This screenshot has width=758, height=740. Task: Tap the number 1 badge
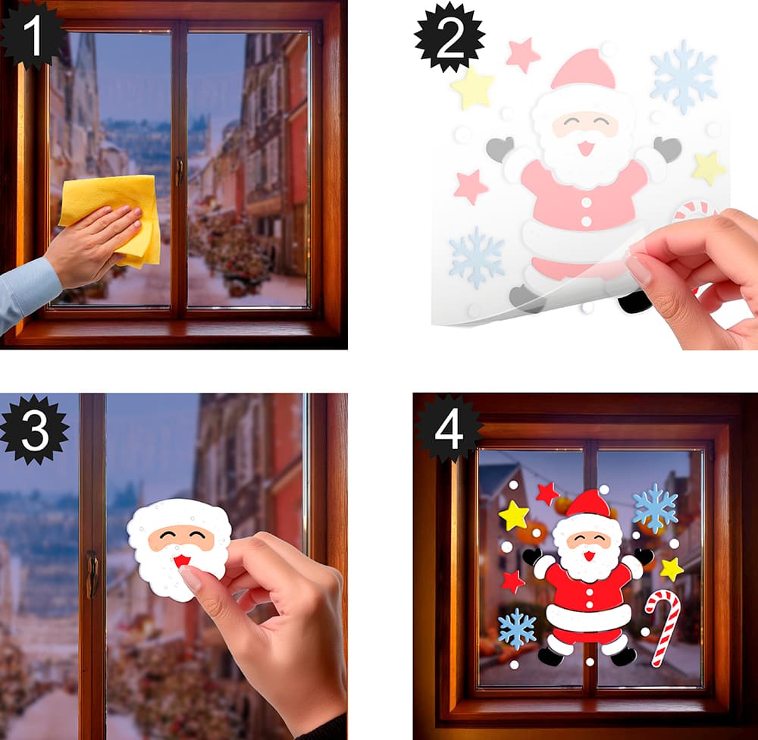[x=32, y=35]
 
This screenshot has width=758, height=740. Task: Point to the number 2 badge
[x=449, y=38]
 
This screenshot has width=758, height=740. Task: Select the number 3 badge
[x=34, y=429]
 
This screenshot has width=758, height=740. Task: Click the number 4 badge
[x=449, y=428]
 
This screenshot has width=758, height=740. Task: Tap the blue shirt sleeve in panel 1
[x=27, y=293]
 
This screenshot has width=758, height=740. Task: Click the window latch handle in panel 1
[x=180, y=171]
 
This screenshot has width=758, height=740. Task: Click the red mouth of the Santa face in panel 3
[x=182, y=561]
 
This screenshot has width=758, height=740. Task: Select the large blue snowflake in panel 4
[x=655, y=508]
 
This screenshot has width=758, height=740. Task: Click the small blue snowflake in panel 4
[x=517, y=629]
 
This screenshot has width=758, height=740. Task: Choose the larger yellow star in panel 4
[x=513, y=516]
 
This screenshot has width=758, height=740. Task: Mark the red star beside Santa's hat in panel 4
[x=547, y=494]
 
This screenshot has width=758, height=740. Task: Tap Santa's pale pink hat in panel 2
[x=584, y=70]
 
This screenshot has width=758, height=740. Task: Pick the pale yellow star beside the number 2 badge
[x=472, y=89]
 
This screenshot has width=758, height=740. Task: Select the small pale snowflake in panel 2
[x=476, y=257]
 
